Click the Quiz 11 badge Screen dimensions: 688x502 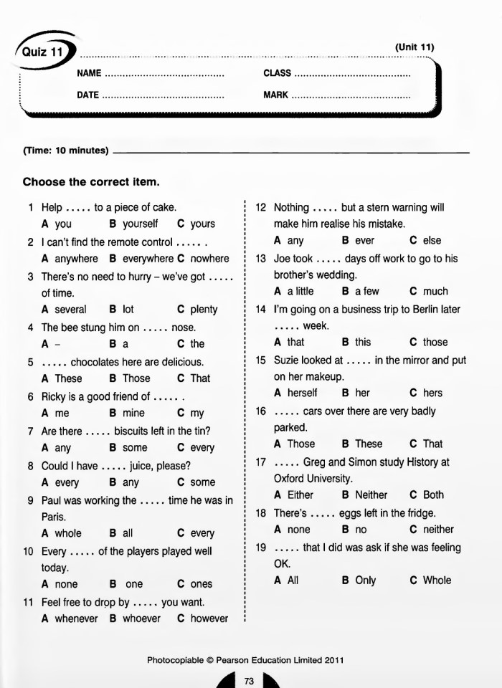point(40,52)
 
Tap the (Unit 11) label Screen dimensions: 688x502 point(415,47)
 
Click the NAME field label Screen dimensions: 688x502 point(89,73)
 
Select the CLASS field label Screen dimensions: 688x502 point(278,73)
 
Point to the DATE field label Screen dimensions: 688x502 point(87,95)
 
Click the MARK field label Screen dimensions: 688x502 point(276,95)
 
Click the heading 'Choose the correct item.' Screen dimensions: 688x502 point(91,182)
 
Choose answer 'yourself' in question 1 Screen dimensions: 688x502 point(140,224)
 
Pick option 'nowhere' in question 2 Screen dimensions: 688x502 point(209,259)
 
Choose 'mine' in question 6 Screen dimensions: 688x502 point(133,414)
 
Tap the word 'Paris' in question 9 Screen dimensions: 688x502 point(53,517)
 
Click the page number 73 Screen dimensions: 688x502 point(249,681)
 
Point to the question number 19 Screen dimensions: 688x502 point(261,548)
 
